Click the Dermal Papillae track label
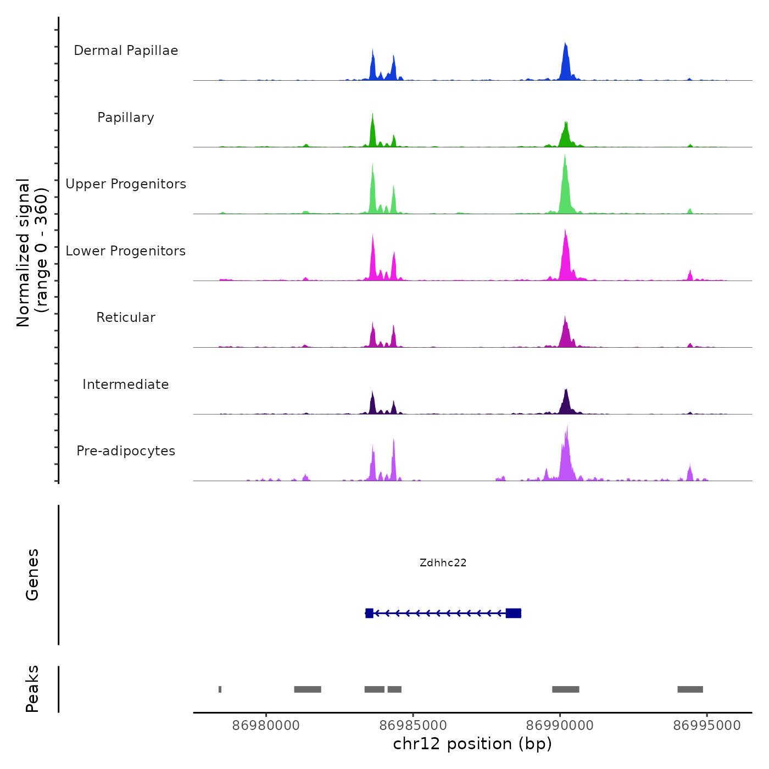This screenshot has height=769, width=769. click(126, 51)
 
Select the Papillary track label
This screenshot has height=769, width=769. click(126, 118)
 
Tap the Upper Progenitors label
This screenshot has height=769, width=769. click(126, 184)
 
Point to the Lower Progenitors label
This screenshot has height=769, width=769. click(126, 251)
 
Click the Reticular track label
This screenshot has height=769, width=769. click(126, 317)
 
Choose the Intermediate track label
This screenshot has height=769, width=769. click(126, 384)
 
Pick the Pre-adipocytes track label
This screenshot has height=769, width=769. click(126, 451)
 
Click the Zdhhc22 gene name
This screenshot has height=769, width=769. click(443, 562)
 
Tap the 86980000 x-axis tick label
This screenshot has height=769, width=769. click(266, 726)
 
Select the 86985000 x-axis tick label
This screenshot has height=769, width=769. click(413, 726)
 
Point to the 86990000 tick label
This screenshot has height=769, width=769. click(560, 726)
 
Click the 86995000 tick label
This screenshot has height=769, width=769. click(707, 726)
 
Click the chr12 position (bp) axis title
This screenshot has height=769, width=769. click(472, 744)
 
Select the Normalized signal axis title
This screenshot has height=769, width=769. click(32, 253)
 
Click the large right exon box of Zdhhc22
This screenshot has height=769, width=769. click(513, 613)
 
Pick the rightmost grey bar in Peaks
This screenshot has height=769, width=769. click(690, 689)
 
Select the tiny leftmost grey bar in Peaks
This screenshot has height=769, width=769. click(220, 689)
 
